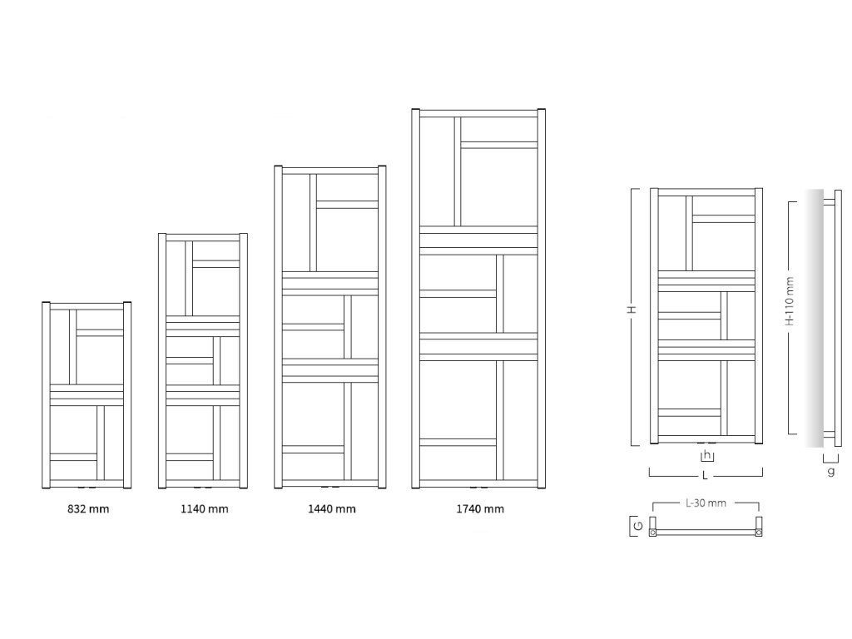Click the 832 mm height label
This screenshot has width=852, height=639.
coord(87,509)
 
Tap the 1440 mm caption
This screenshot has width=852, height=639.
coord(332,509)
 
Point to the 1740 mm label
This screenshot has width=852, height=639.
coord(480,509)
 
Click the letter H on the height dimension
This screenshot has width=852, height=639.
coord(632,310)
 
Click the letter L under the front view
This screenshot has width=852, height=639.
coord(705,476)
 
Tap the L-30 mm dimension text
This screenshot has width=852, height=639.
coord(706,504)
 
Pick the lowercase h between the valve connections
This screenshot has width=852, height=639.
coord(707,455)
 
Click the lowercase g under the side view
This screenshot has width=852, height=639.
coord(830,471)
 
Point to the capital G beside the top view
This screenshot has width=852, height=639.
coord(636,526)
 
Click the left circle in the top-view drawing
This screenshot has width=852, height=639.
coord(653,531)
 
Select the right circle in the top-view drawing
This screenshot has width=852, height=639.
coord(758,531)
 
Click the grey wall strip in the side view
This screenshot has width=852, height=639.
coord(814,316)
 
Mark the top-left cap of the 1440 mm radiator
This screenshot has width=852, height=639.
coord(279,169)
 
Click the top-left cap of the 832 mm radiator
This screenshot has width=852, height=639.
coord(46,304)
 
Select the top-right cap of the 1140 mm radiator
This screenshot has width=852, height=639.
coord(244,236)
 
